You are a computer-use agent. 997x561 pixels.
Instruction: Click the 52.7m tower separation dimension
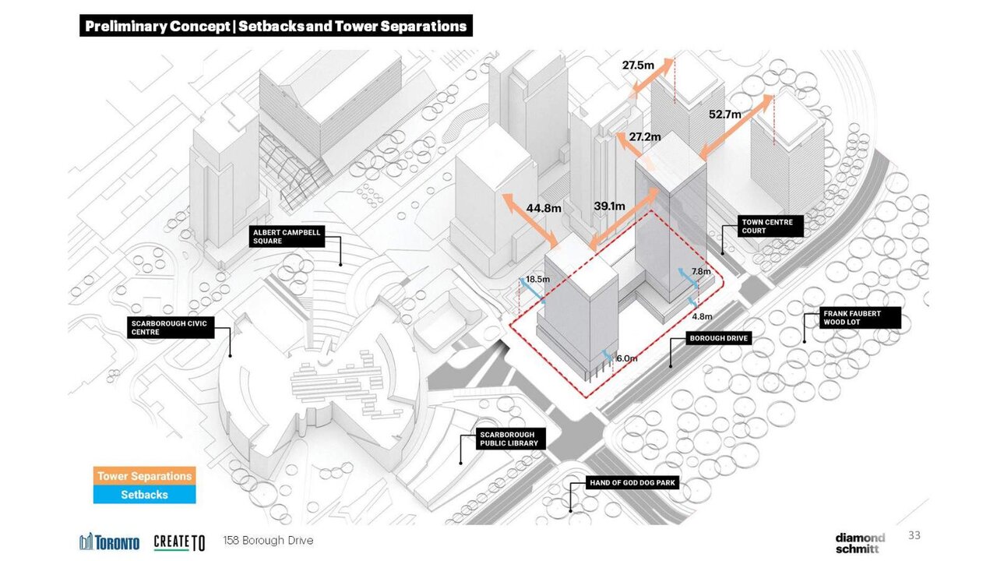(x=725, y=115)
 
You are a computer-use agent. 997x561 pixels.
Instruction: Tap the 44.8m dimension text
(x=544, y=208)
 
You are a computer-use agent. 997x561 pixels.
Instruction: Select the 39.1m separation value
(x=609, y=206)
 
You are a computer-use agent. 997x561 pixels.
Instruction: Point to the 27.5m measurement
(x=638, y=65)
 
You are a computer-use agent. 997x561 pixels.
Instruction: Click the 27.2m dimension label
(x=645, y=136)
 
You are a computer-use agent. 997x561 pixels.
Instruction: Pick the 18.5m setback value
(x=537, y=279)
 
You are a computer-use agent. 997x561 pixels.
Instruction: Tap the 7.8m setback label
(x=701, y=271)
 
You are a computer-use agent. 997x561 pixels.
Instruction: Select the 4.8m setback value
(x=702, y=316)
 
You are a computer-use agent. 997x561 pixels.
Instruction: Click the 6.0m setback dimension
(x=627, y=358)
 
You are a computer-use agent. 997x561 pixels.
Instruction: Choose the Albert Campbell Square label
(x=287, y=236)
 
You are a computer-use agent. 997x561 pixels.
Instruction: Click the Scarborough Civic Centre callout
(x=171, y=328)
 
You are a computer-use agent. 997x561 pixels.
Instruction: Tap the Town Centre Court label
(x=770, y=226)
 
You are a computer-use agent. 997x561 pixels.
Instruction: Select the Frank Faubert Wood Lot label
(x=860, y=318)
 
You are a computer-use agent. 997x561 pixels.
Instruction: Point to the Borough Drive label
(x=719, y=338)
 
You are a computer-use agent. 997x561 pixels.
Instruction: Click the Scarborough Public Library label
(x=510, y=439)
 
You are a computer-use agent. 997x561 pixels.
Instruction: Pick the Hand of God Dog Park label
(x=632, y=482)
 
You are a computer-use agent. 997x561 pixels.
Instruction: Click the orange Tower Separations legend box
(x=145, y=476)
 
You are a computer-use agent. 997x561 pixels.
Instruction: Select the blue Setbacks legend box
(x=145, y=495)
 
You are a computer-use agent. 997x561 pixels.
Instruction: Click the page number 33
(x=914, y=535)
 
